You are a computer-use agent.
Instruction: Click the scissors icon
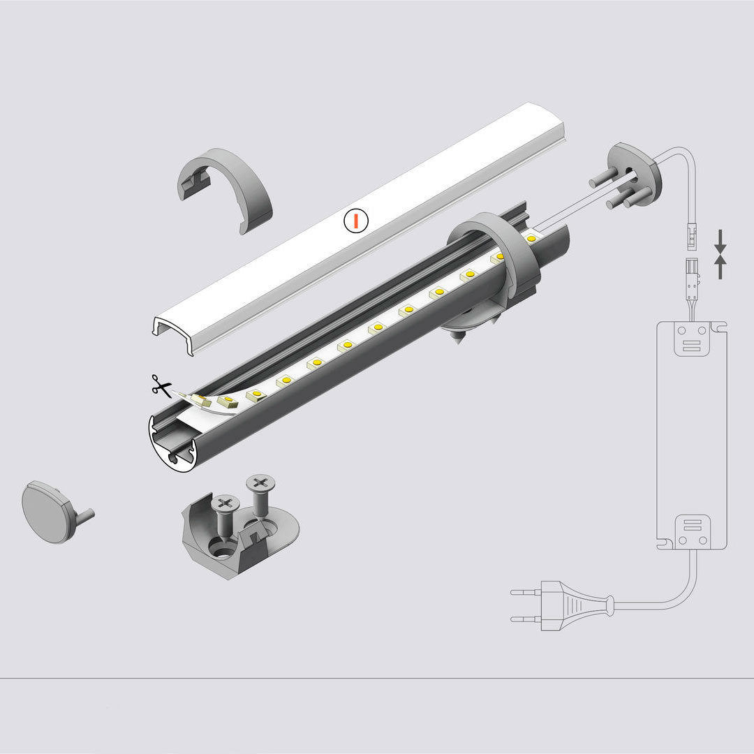click(161, 385)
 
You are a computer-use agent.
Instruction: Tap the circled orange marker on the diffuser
click(356, 221)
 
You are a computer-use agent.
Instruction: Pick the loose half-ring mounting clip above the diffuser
click(226, 190)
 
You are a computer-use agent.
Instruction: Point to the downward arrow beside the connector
click(720, 242)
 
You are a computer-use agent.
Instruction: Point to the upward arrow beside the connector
click(720, 267)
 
